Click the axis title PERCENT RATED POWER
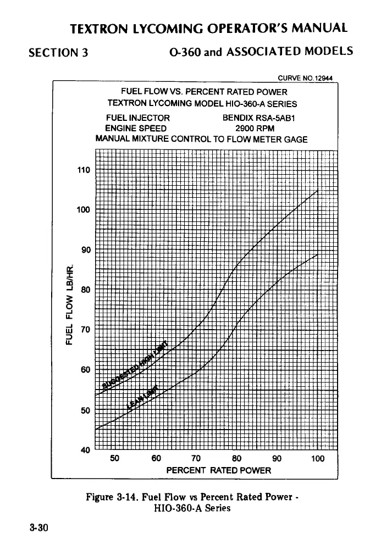click(x=219, y=470)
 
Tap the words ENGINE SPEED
click(x=136, y=128)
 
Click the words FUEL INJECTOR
click(x=138, y=118)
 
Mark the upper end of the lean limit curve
click(x=318, y=254)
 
